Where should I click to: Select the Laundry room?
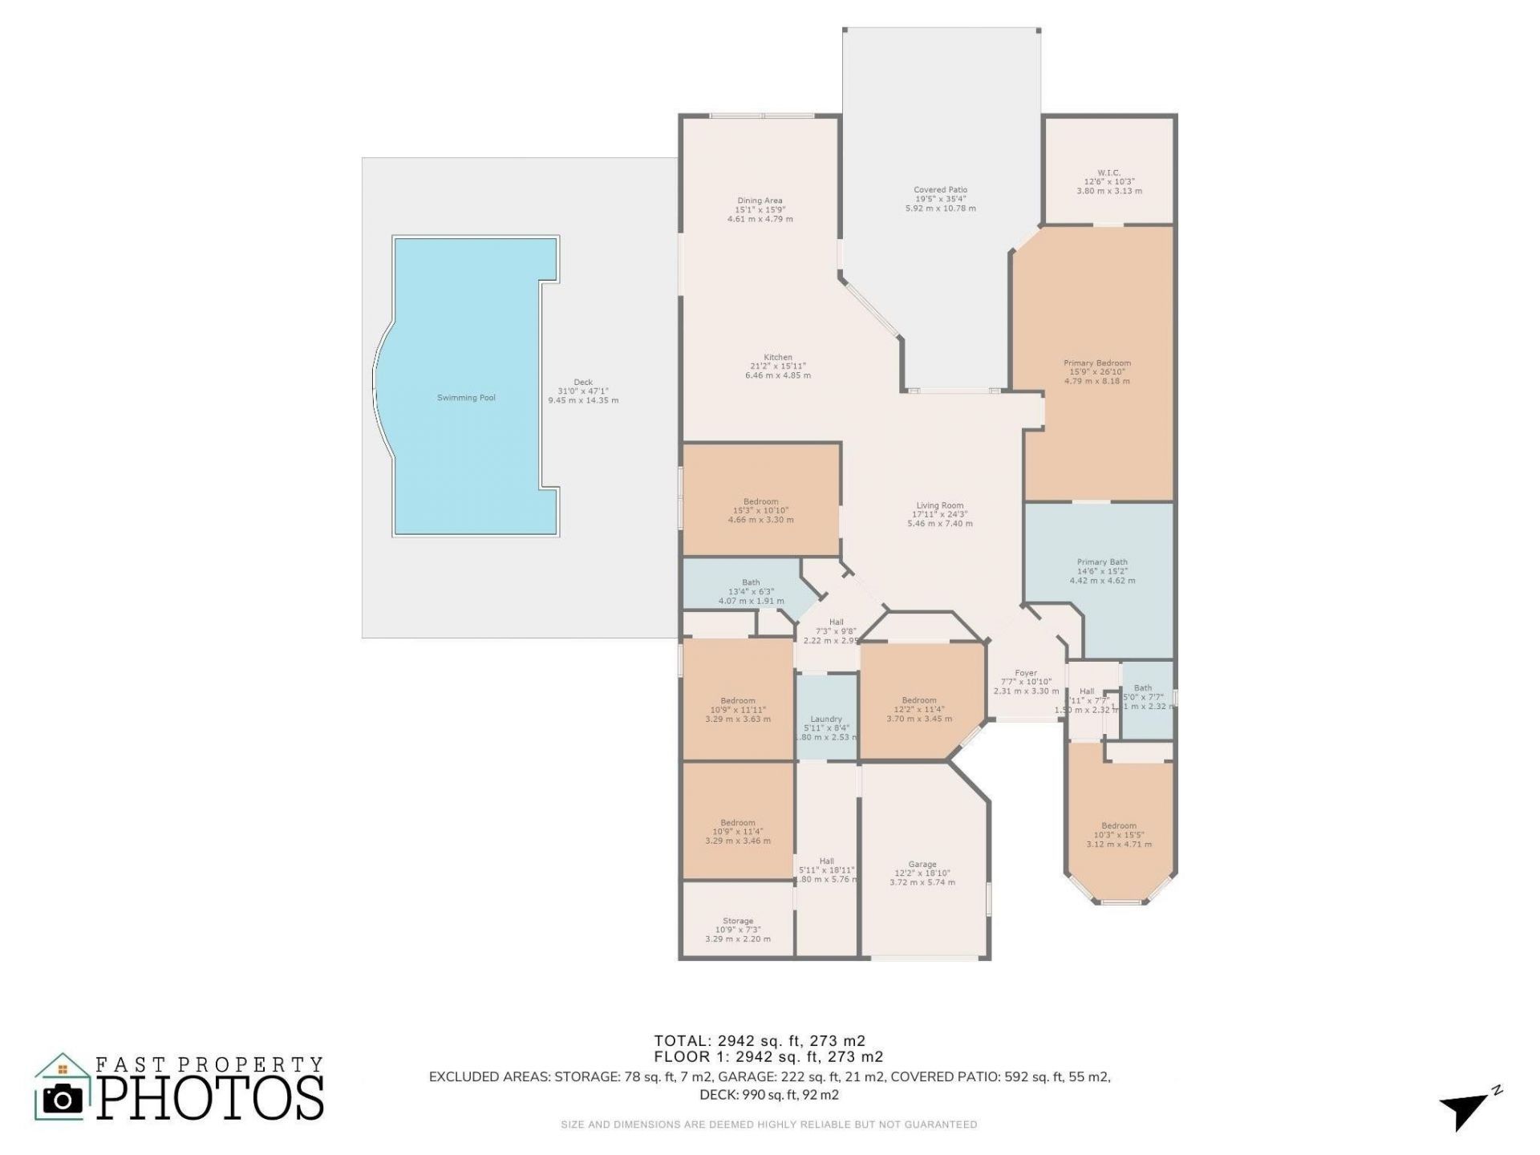(x=826, y=718)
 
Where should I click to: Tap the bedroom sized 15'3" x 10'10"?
(x=760, y=510)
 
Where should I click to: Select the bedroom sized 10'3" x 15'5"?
(x=1118, y=834)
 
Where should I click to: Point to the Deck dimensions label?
(x=583, y=391)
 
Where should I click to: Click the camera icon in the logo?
(x=62, y=1099)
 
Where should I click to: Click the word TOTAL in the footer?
(x=681, y=1041)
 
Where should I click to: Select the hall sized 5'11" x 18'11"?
(x=826, y=869)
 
